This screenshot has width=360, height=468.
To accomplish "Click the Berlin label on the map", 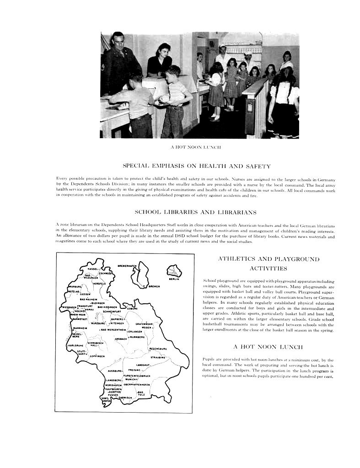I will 173,279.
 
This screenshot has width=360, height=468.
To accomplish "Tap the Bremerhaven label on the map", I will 128,265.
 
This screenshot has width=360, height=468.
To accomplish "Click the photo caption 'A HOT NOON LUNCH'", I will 196,147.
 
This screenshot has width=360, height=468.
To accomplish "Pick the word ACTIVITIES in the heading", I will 269,268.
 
